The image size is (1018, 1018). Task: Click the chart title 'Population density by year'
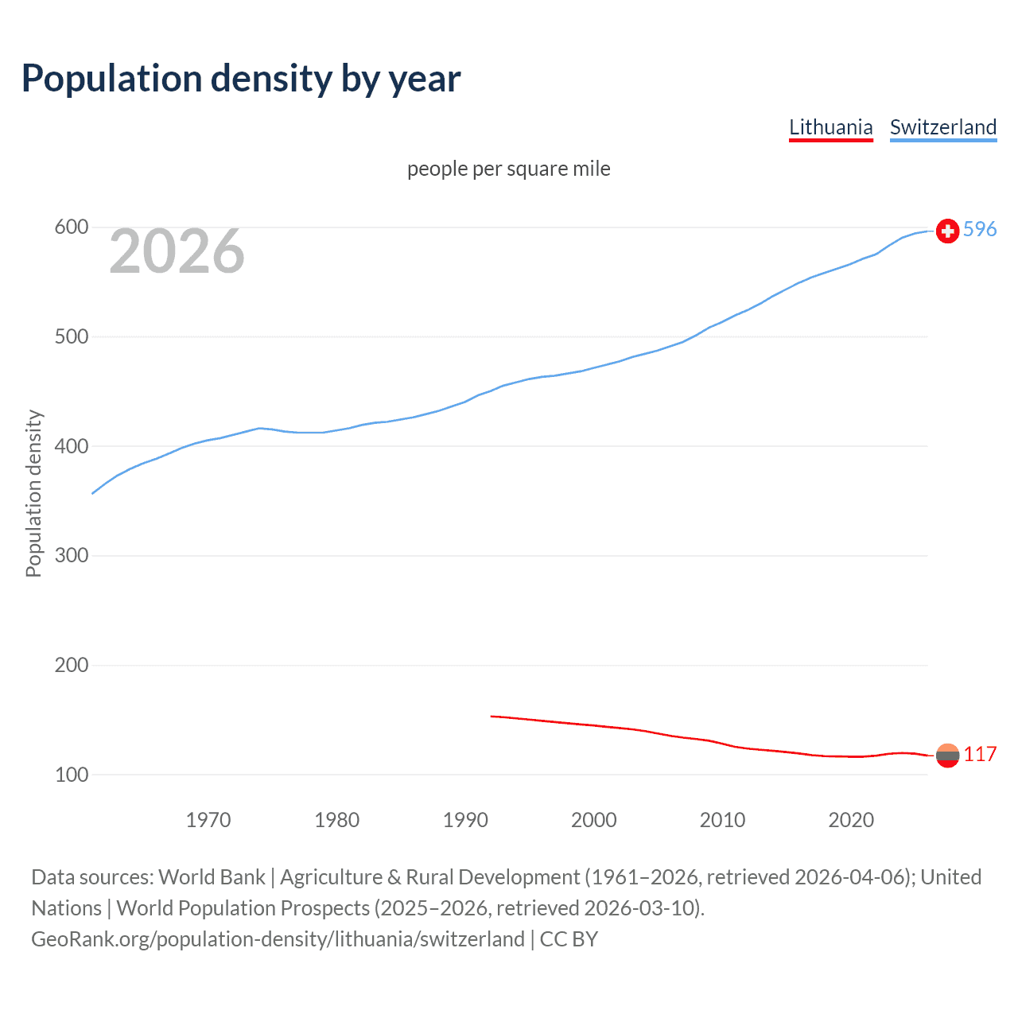(241, 79)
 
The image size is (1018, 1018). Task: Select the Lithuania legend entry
(830, 127)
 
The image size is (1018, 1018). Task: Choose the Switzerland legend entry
(942, 127)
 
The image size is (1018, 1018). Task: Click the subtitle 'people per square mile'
(509, 169)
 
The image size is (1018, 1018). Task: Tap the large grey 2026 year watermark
(177, 251)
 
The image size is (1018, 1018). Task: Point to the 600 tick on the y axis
(71, 227)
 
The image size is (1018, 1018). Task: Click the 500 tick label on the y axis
(71, 336)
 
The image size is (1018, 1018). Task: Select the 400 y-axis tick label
(71, 446)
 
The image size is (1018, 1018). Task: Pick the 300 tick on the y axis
(71, 555)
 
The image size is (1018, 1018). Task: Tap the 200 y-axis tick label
(71, 665)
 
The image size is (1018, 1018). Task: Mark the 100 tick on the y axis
(71, 775)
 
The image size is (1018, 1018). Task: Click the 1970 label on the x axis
(208, 820)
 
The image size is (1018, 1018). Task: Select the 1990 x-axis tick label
(465, 820)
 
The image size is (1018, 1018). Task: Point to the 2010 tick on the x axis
(722, 820)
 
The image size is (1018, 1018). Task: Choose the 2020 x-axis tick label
(851, 820)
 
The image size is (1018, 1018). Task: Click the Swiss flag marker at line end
(947, 231)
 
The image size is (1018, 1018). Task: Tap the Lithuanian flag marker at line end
(947, 756)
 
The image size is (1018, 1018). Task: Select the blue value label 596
(980, 230)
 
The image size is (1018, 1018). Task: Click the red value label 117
(980, 755)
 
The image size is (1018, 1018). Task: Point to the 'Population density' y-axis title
(33, 493)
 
